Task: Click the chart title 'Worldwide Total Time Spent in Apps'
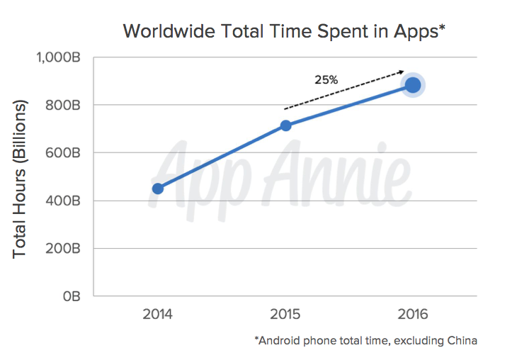(283, 32)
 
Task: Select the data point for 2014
(158, 189)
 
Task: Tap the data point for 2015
(285, 125)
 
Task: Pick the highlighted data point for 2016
(413, 85)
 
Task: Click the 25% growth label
(326, 80)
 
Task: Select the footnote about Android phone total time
(365, 341)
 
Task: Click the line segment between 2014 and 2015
(222, 157)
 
